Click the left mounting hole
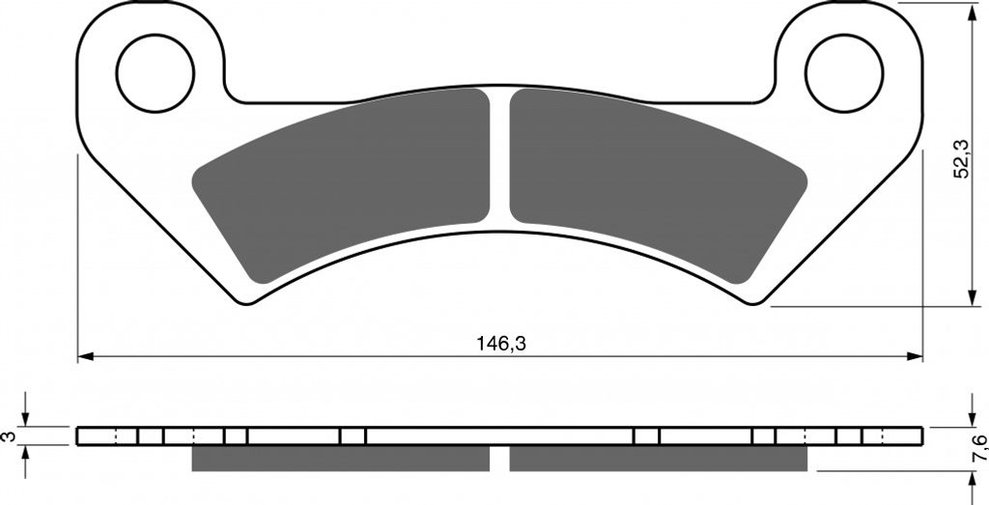pos(155,73)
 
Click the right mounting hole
pos(844,73)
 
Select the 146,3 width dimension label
pos(501,344)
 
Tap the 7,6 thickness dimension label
pos(978,448)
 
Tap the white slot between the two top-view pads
pos(499,157)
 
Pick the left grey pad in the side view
pos(341,459)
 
